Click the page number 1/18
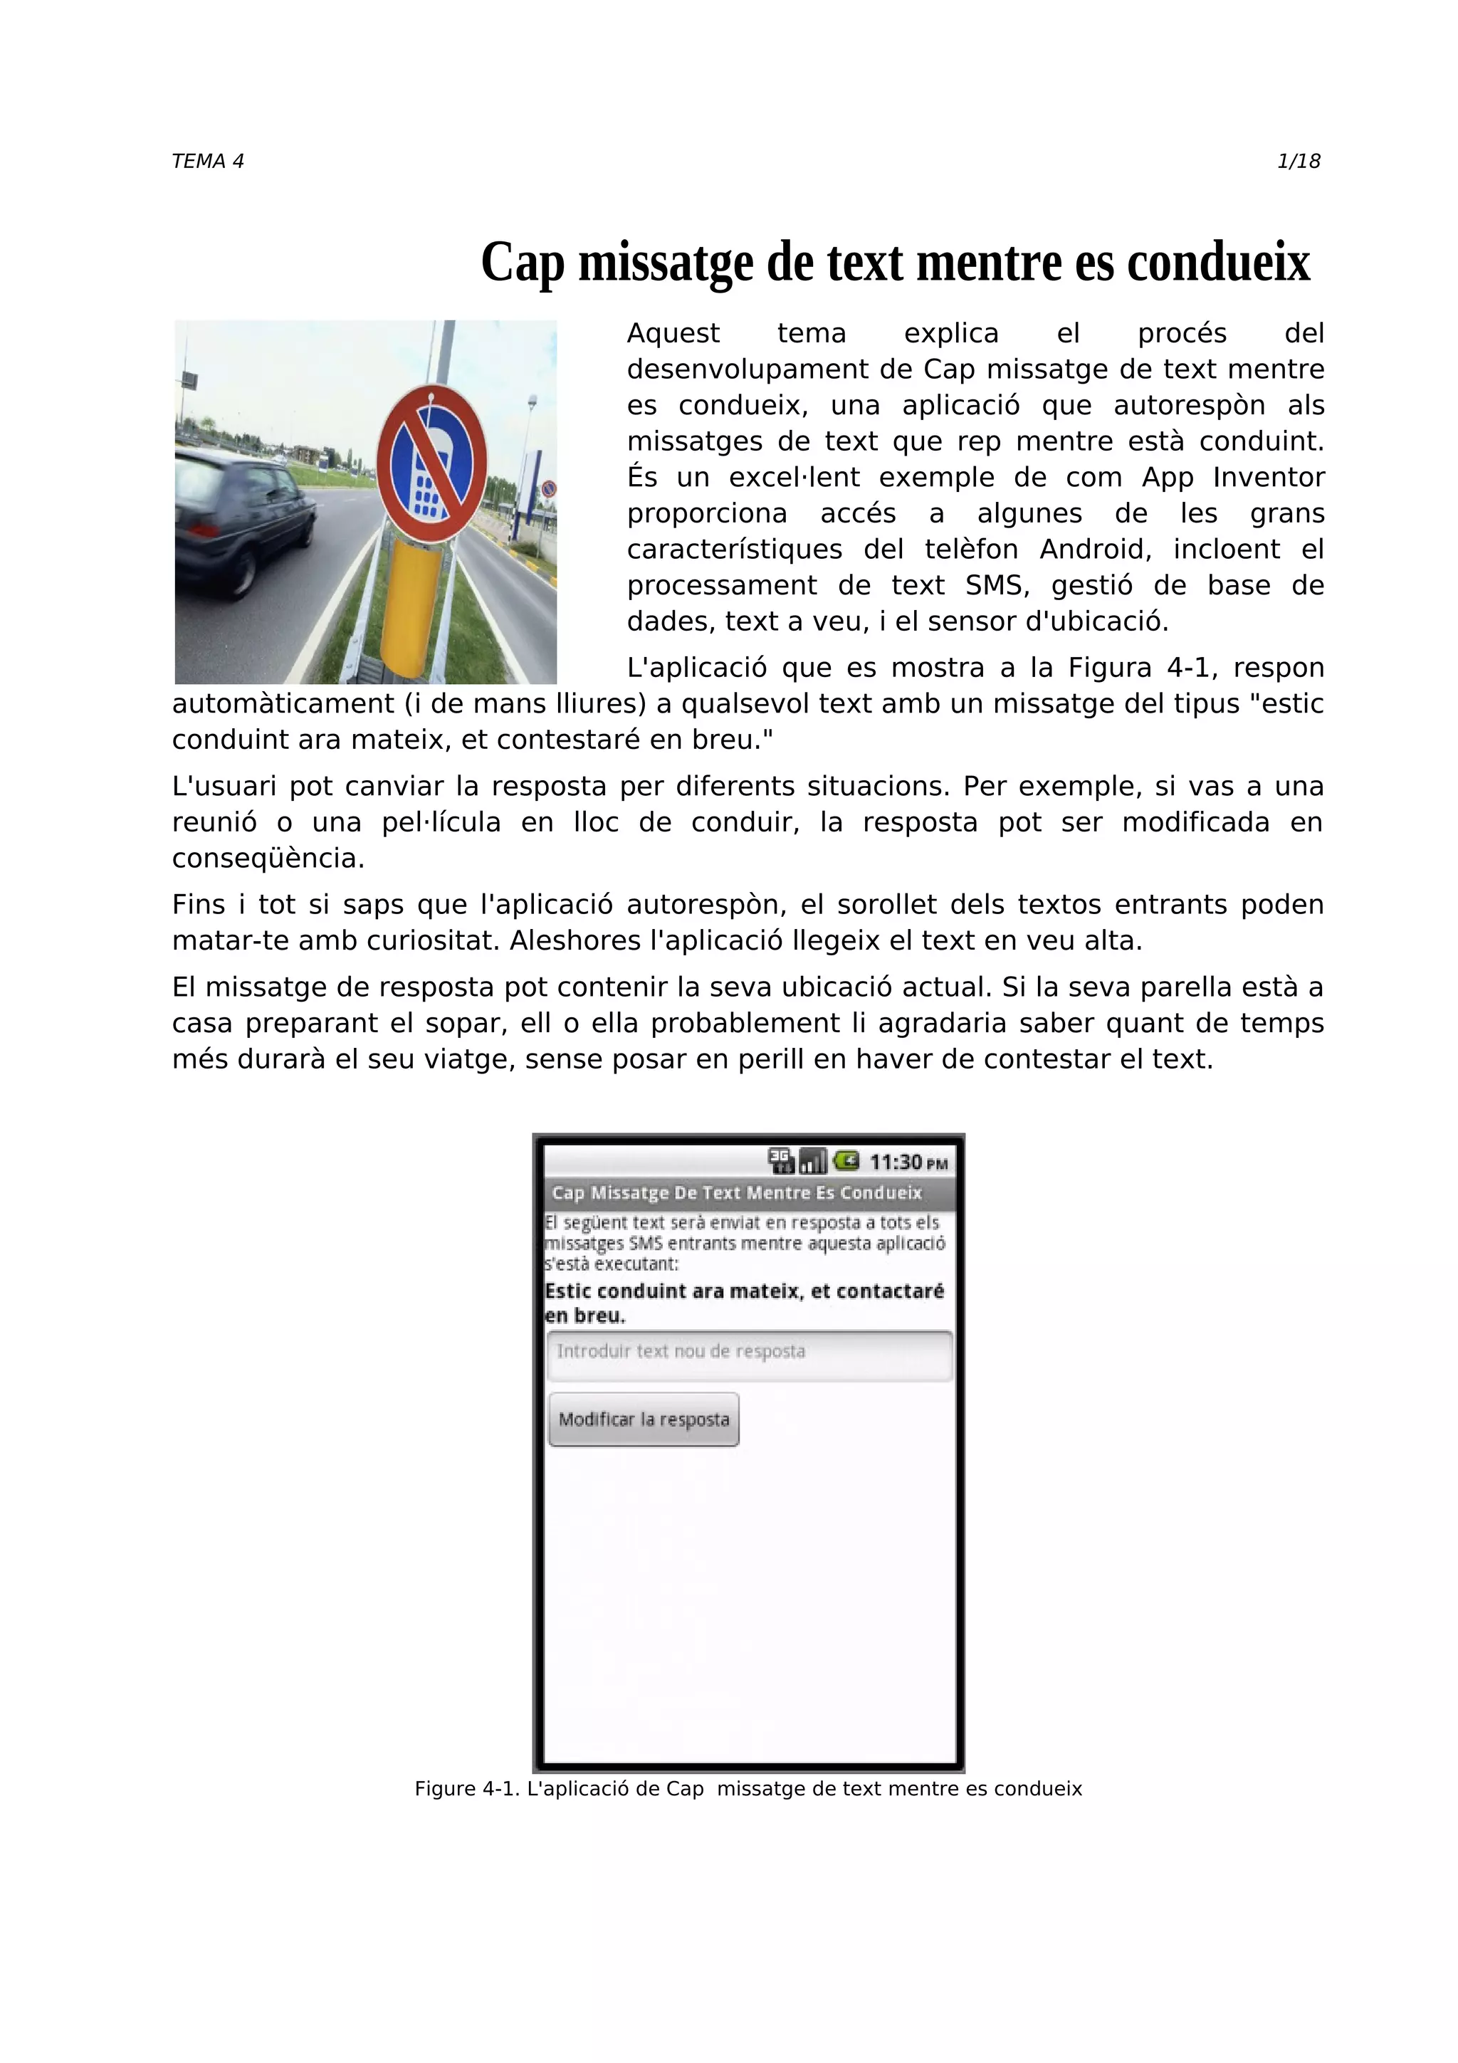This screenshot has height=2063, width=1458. click(1298, 162)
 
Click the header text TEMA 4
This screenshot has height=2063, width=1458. click(207, 162)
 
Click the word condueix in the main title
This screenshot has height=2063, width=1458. click(1218, 263)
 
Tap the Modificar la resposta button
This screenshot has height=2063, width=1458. click(643, 1419)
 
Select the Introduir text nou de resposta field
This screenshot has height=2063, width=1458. click(748, 1355)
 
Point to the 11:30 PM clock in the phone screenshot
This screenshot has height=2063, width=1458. click(907, 1162)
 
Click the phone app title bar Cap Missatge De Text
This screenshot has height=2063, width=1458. click(737, 1193)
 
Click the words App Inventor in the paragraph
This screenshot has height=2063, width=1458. click(1232, 477)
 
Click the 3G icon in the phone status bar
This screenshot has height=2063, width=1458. click(781, 1161)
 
